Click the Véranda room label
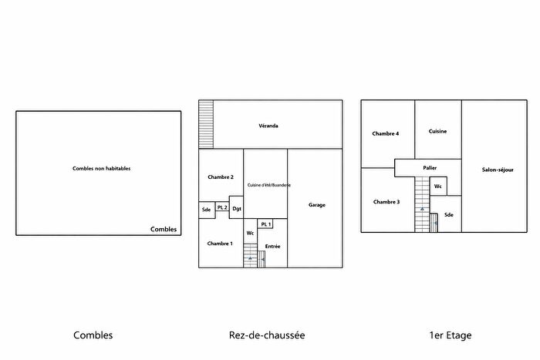coord(268,126)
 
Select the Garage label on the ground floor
coord(316,205)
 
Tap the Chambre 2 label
coord(221,177)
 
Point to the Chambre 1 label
coord(220,244)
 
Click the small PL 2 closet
coord(222,208)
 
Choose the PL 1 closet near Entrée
coord(265,224)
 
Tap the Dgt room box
coord(237,209)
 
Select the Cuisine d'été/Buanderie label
coord(265,185)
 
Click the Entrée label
coord(272,247)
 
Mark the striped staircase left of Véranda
coord(205,123)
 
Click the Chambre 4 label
coord(386,133)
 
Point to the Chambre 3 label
coord(386,202)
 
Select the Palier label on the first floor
coord(430,167)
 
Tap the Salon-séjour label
coord(498,170)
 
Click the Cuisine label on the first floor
coord(437,131)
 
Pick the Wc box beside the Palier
coord(438,187)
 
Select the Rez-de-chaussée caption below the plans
coord(267,335)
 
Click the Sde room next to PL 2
coord(206,209)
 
